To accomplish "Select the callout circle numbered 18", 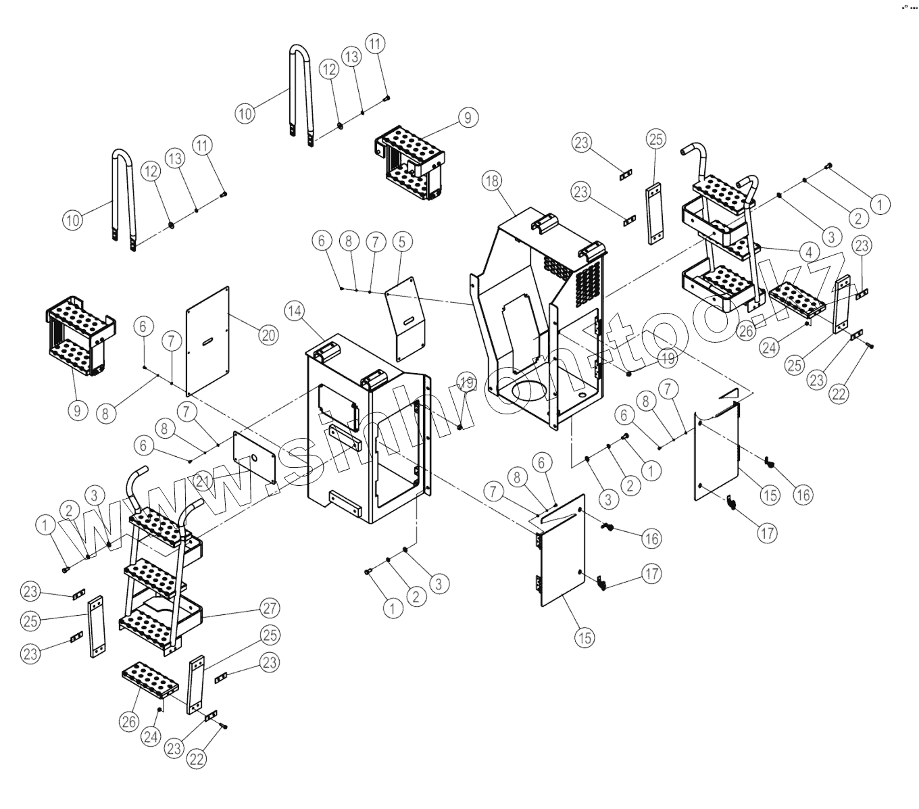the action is pyautogui.click(x=492, y=180).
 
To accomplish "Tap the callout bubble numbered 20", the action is pyautogui.click(x=269, y=335).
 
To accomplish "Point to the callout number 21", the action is pyautogui.click(x=202, y=481).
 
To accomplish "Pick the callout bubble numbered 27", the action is pyautogui.click(x=270, y=608).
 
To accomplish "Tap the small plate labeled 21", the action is pyautogui.click(x=254, y=458).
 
